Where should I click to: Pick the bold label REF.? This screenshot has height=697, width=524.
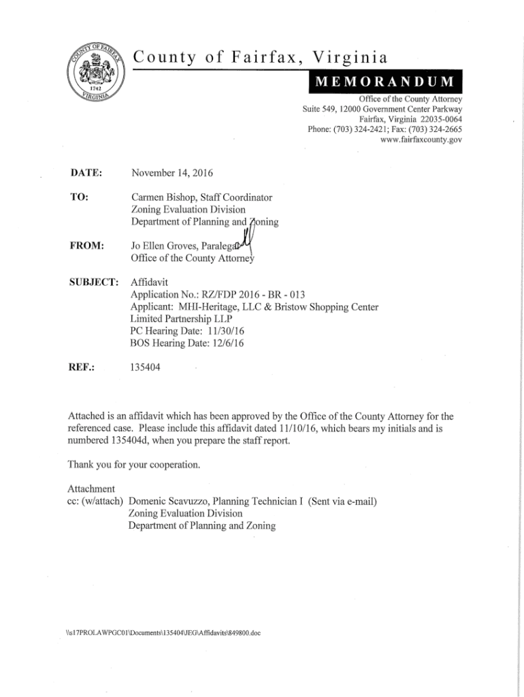pos(82,368)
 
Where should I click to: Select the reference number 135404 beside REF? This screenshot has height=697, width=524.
pos(146,368)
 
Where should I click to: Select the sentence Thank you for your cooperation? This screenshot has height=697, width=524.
pos(134,465)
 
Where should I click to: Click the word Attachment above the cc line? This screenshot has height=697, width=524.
pos(91,489)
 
